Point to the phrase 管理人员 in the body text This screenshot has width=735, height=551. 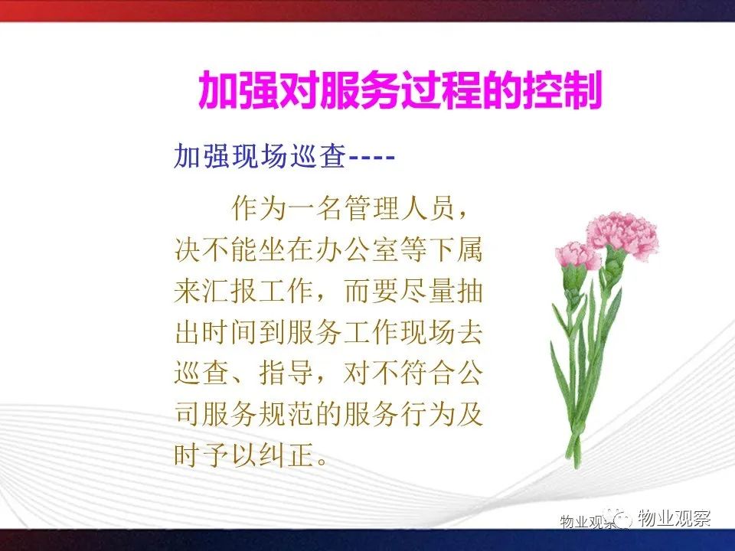coord(400,209)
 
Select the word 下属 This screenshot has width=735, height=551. coord(456,250)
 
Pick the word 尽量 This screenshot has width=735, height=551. coord(427,292)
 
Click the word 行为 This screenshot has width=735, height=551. coord(427,415)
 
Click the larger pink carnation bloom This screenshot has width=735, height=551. coord(623,234)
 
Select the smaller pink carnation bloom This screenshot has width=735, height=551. coord(577,256)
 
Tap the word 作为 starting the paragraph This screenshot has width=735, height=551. coord(259,209)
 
